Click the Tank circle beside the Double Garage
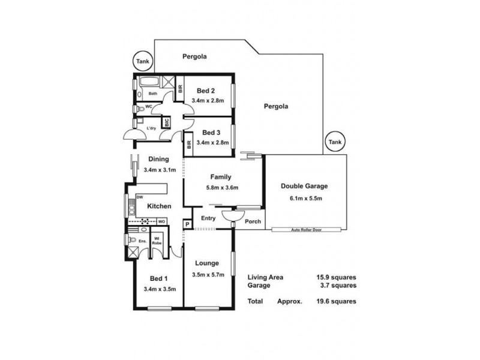point(334,142)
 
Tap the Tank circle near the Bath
point(142,61)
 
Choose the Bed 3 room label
point(212,133)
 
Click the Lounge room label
point(206,263)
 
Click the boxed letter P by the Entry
point(187,225)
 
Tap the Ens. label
point(143,241)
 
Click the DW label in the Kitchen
point(139,197)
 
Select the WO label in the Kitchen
point(161,221)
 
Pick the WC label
point(148,108)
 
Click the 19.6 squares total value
point(336,301)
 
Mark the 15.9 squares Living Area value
point(336,278)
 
